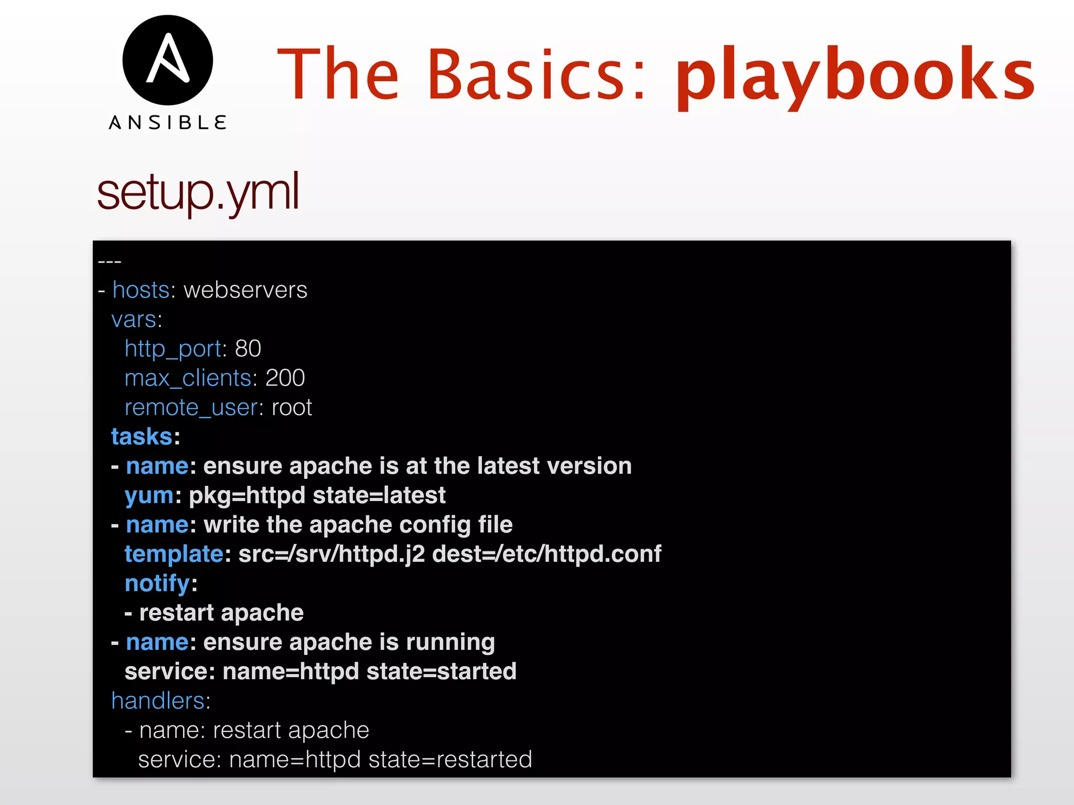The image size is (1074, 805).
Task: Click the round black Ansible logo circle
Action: tap(168, 60)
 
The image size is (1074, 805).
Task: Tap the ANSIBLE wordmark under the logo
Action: tap(168, 123)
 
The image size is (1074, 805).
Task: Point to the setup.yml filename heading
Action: tap(198, 192)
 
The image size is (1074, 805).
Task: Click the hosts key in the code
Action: tap(141, 290)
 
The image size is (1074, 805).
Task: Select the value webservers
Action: tap(245, 290)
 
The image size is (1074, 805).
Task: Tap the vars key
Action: tap(134, 319)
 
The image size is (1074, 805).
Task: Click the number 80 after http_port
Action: tap(248, 349)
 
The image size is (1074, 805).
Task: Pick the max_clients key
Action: tap(187, 378)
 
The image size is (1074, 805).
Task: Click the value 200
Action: tap(285, 378)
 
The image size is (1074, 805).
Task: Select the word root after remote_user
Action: tap(292, 407)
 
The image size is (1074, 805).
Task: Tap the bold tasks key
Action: tap(142, 437)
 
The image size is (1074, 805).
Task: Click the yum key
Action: tap(149, 495)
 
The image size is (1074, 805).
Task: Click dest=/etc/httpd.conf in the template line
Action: tap(546, 554)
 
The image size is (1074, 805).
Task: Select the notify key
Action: tap(157, 583)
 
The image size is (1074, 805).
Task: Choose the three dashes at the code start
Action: tap(110, 261)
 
